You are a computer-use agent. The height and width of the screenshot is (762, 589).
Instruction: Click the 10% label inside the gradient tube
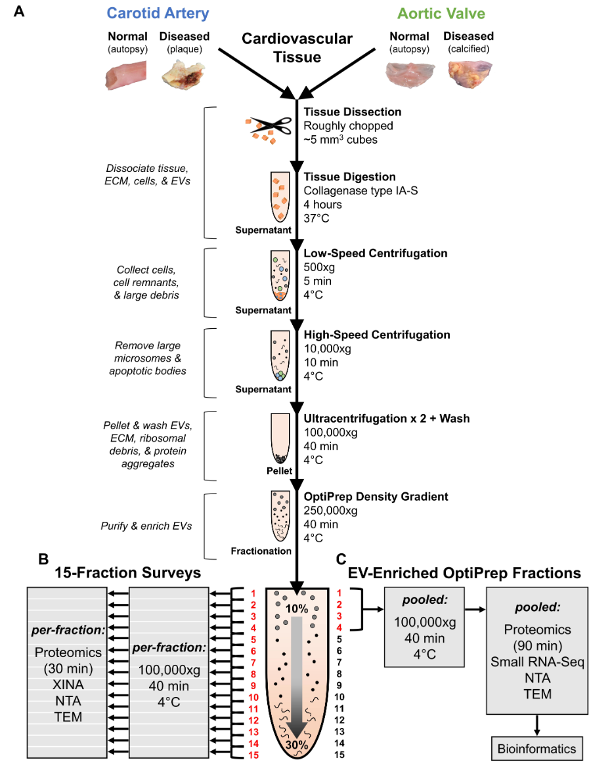[297, 609]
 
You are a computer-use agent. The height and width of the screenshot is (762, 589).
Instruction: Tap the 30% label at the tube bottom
[297, 746]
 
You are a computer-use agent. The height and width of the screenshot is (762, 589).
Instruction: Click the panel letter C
[341, 559]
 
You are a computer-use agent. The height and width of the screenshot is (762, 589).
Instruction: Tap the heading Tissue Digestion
[349, 177]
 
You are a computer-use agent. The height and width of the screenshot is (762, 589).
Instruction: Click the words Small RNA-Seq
[537, 662]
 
